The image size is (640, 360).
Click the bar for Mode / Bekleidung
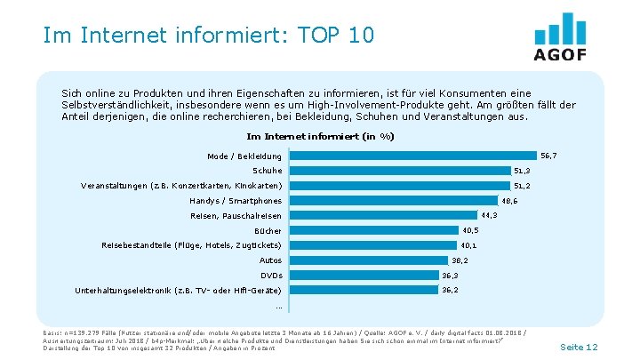coord(414,156)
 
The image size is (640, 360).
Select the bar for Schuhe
coord(400,171)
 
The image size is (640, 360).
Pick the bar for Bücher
coord(375,230)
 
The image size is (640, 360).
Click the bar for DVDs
coord(365,275)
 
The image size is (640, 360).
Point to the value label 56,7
coord(548,156)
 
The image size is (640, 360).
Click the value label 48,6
coord(510,201)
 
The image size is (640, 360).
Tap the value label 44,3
coord(488,215)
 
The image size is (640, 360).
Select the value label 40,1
coord(468,245)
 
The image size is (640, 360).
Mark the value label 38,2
coord(460,260)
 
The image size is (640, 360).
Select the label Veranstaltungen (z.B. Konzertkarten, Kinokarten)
coord(180,186)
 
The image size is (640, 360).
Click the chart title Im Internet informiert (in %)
coord(319,136)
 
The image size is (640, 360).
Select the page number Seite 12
coord(580,347)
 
